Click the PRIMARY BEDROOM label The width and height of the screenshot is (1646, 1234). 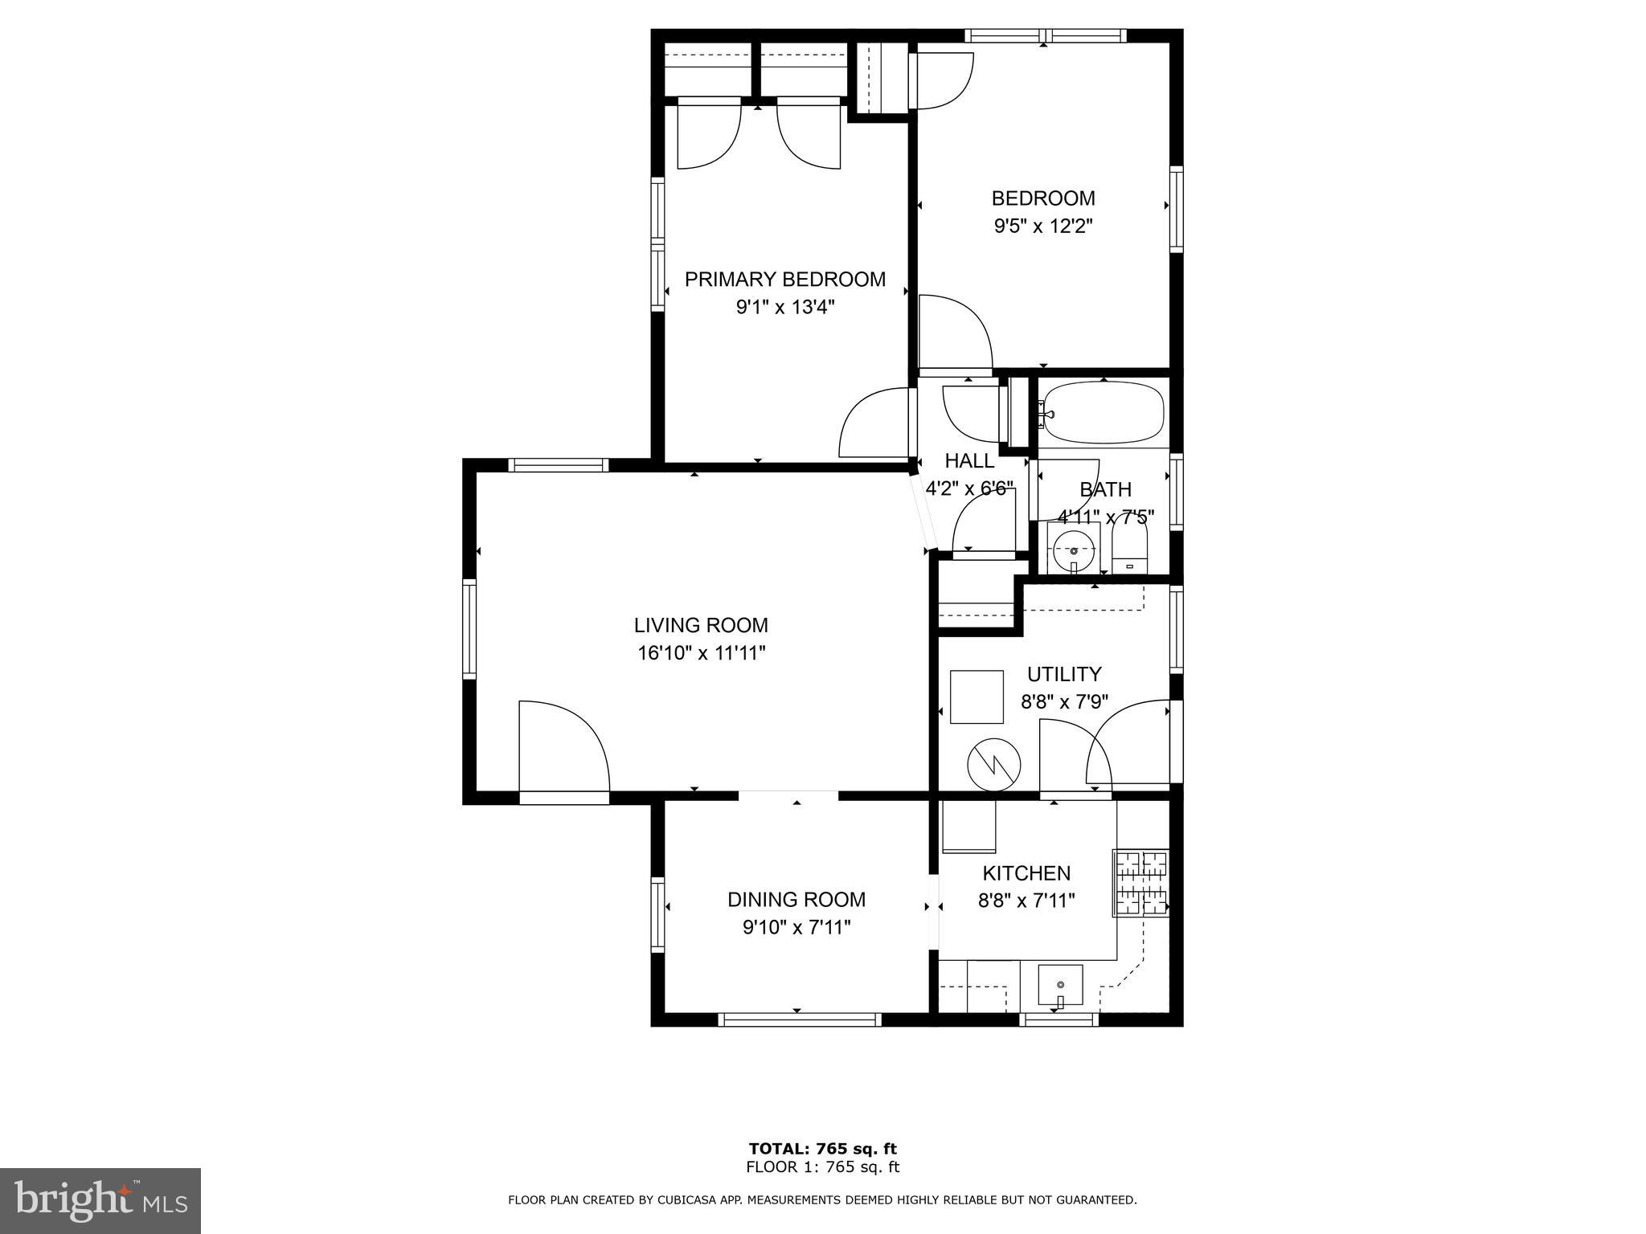784,280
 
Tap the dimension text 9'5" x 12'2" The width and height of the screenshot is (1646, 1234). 1043,227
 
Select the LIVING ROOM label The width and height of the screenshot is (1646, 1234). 701,625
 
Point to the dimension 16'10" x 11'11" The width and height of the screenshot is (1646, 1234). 701,653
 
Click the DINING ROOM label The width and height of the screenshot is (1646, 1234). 796,900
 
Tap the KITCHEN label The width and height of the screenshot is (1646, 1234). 1026,873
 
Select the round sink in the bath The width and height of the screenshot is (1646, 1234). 1074,550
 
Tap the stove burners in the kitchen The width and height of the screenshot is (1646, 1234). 1141,883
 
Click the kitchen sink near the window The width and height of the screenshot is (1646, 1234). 1060,986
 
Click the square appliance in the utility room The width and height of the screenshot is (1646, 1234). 977,697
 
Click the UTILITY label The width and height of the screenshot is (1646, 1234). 1064,674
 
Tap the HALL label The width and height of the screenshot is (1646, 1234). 969,461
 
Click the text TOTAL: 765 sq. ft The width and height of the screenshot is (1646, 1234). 822,1149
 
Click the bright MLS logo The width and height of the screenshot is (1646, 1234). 100,1201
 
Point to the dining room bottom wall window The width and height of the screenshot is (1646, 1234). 799,1019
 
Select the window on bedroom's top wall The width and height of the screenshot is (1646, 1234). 1044,35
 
